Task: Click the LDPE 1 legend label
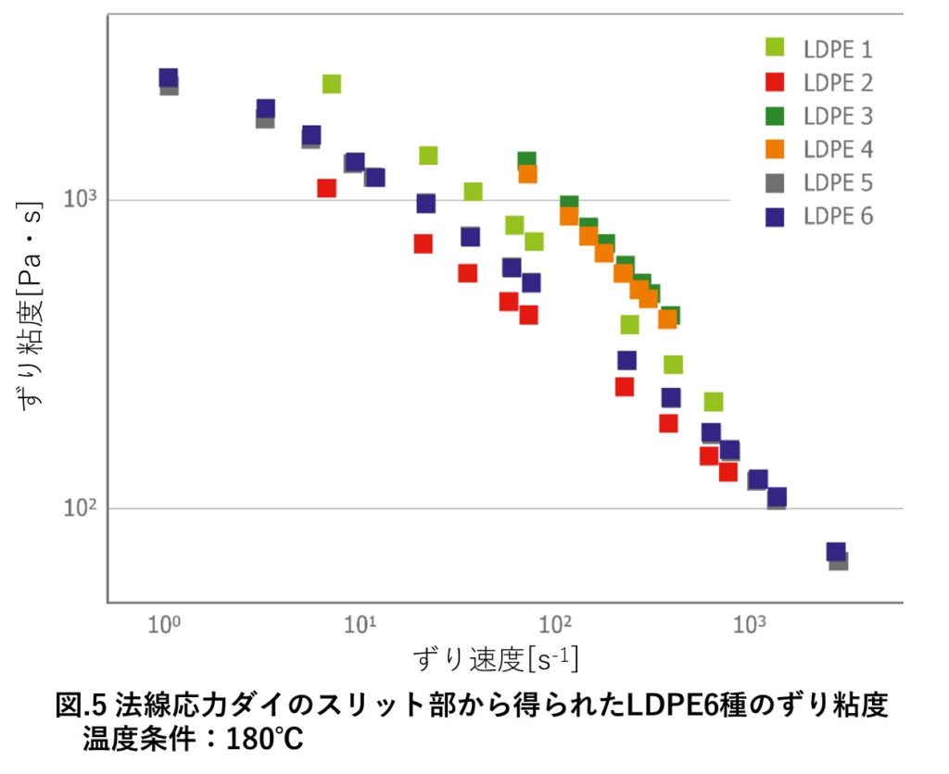tap(837, 50)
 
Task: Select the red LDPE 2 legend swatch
tap(775, 82)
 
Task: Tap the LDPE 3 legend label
tap(837, 116)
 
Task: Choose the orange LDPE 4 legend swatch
tap(775, 148)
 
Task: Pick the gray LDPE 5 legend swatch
tap(775, 181)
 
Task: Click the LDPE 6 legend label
tap(837, 216)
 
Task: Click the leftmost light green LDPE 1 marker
tap(331, 84)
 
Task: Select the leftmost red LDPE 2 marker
tap(326, 188)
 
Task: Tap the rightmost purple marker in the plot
tap(836, 552)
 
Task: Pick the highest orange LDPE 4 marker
tap(527, 173)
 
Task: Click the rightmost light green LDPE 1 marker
tap(713, 402)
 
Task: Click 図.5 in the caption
tap(82, 706)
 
